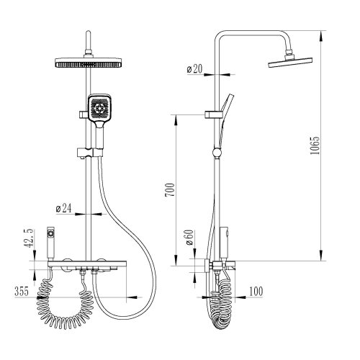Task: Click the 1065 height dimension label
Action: click(x=315, y=145)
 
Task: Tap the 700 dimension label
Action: click(x=170, y=190)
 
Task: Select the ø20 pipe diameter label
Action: click(x=194, y=69)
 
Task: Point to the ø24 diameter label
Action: click(x=63, y=208)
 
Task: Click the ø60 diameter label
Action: click(x=189, y=238)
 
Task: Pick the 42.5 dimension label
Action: click(x=30, y=238)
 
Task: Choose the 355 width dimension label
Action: click(x=22, y=291)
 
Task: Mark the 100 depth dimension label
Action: click(x=256, y=291)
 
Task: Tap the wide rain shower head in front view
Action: click(x=89, y=63)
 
